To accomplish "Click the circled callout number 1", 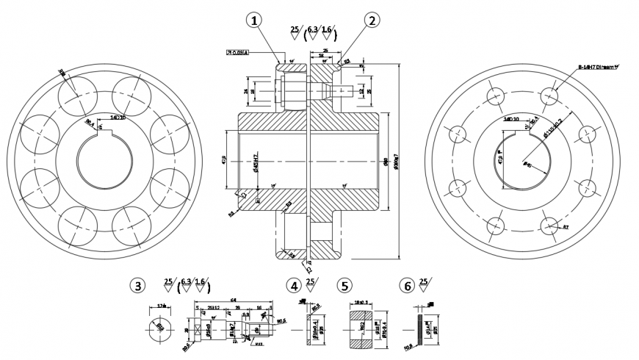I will pyautogui.click(x=255, y=21).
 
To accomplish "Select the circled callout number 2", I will pyautogui.click(x=372, y=21).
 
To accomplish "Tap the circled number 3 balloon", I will pyautogui.click(x=136, y=285).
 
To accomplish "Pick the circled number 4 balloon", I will pyautogui.click(x=295, y=285).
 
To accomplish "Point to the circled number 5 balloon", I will pyautogui.click(x=344, y=285).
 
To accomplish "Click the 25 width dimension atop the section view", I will pyautogui.click(x=325, y=51).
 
